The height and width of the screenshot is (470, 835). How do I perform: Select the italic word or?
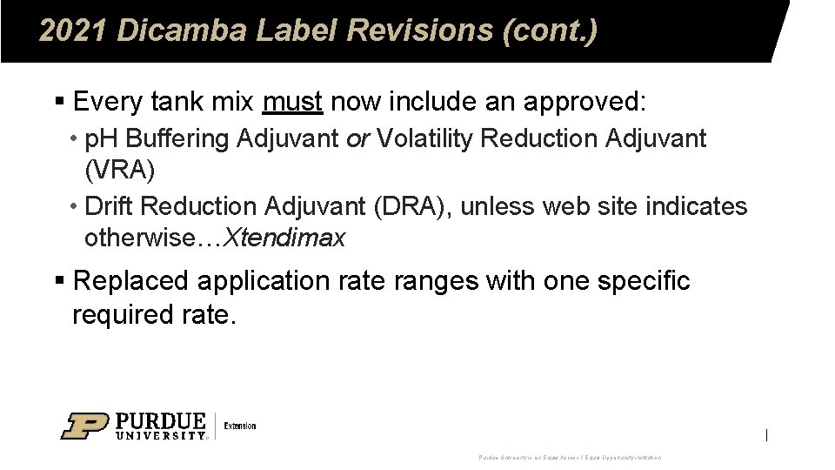[x=359, y=138]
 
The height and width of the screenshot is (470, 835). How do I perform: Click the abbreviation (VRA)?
[x=120, y=170]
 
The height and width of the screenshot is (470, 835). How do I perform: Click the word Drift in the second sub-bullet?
[x=110, y=207]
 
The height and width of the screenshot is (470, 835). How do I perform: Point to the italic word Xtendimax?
[x=285, y=238]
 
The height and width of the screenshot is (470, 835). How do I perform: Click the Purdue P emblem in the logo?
[x=84, y=426]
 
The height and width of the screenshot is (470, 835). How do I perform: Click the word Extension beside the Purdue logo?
[x=240, y=426]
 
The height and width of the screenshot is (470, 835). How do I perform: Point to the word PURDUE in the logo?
[x=161, y=420]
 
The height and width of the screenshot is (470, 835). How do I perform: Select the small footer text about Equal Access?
[x=570, y=457]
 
